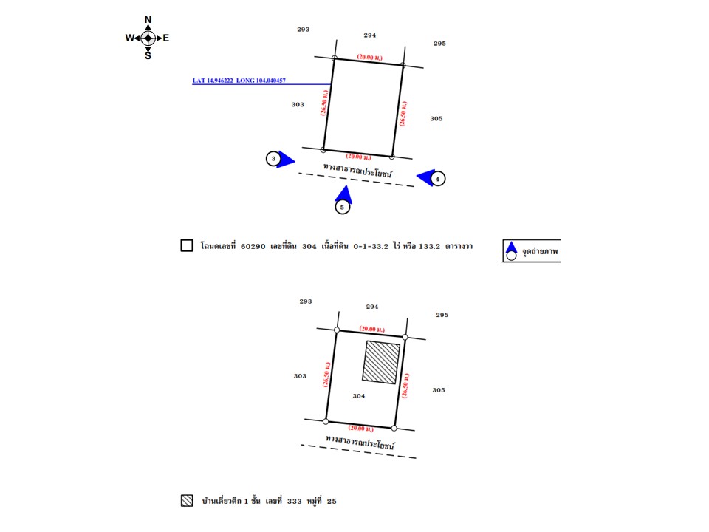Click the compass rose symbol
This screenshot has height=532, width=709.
pyautogui.click(x=148, y=38)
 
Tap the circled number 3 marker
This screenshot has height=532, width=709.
pyautogui.click(x=274, y=158)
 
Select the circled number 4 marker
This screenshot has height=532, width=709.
pyautogui.click(x=438, y=178)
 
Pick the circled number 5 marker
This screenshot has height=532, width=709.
pyautogui.click(x=342, y=208)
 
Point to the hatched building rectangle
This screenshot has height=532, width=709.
pyautogui.click(x=381, y=362)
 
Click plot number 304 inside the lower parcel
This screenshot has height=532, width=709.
pyautogui.click(x=359, y=396)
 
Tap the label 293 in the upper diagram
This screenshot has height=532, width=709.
pyautogui.click(x=303, y=29)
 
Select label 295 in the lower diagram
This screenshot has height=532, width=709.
pyautogui.click(x=442, y=315)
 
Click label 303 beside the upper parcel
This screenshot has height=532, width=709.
pyautogui.click(x=298, y=104)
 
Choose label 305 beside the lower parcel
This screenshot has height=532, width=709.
pyautogui.click(x=438, y=390)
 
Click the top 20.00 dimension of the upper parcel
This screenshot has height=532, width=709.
pyautogui.click(x=369, y=56)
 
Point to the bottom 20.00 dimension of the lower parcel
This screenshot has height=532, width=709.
pyautogui.click(x=360, y=428)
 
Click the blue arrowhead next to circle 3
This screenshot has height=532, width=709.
pyautogui.click(x=287, y=160)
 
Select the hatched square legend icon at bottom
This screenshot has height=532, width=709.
pyautogui.click(x=187, y=501)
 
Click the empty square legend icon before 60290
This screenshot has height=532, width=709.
pyautogui.click(x=187, y=246)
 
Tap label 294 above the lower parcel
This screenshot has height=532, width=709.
pyautogui.click(x=373, y=306)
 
